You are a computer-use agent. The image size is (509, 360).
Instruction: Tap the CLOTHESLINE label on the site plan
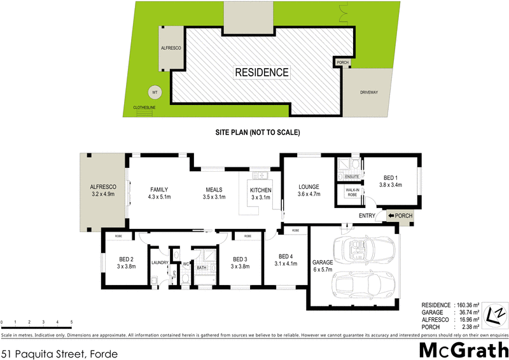[x=144, y=107]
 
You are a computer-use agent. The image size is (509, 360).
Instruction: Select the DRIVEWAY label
[x=369, y=92]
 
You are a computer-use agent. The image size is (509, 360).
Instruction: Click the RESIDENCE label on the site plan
[x=262, y=73]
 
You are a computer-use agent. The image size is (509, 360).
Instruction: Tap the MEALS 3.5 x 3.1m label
[x=214, y=193]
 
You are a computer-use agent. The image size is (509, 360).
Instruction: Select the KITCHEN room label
[x=261, y=194]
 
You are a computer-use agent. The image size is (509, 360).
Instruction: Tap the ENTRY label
[x=367, y=216]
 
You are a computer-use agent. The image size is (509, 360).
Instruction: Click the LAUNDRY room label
[x=158, y=262]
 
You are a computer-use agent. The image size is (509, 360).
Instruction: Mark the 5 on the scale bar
[x=72, y=323]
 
